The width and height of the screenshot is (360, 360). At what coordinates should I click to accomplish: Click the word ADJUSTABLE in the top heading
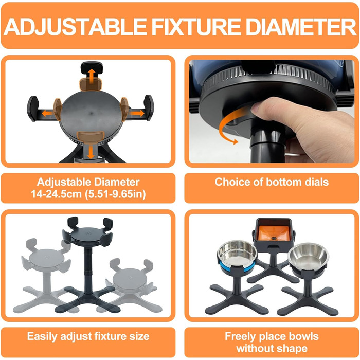tap(75, 26)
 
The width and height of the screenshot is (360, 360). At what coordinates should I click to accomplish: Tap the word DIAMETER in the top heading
tap(301, 26)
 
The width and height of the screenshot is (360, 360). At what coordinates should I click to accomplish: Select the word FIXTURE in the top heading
tap(196, 26)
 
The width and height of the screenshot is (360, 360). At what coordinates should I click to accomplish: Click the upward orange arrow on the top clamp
tap(92, 76)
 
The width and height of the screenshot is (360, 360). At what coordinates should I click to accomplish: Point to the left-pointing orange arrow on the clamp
tap(47, 113)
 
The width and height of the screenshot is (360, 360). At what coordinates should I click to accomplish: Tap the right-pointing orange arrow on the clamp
tap(137, 113)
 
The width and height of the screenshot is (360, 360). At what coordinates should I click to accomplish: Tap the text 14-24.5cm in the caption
tap(56, 194)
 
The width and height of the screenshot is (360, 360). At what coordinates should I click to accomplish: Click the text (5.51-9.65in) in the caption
tap(115, 194)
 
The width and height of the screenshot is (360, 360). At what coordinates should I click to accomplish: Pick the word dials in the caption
tap(317, 182)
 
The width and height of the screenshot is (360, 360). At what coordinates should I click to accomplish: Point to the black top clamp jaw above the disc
tap(92, 67)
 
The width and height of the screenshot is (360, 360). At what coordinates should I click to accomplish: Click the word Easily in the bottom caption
tap(42, 337)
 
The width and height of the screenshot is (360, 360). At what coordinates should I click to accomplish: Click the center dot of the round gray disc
tap(92, 114)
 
